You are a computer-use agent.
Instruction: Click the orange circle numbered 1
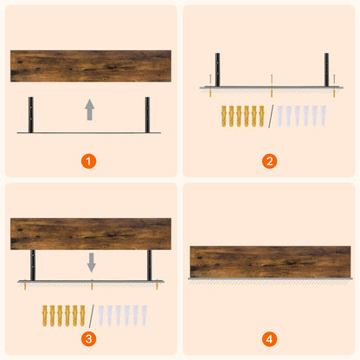[x=91, y=161]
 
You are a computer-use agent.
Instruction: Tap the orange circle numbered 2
[x=270, y=161]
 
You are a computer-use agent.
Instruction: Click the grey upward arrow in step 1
[x=89, y=109]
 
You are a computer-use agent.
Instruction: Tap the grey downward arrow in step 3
[x=91, y=261]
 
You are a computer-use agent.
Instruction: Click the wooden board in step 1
[x=91, y=66]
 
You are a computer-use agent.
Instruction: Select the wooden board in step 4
[x=270, y=261]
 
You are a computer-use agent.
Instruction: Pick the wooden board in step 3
[x=91, y=234]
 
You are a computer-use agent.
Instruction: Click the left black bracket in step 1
[x=32, y=112]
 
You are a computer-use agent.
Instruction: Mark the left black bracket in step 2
[x=218, y=69]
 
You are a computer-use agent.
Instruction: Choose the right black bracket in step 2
[x=327, y=69]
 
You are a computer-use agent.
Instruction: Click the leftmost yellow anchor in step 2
[x=225, y=116]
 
